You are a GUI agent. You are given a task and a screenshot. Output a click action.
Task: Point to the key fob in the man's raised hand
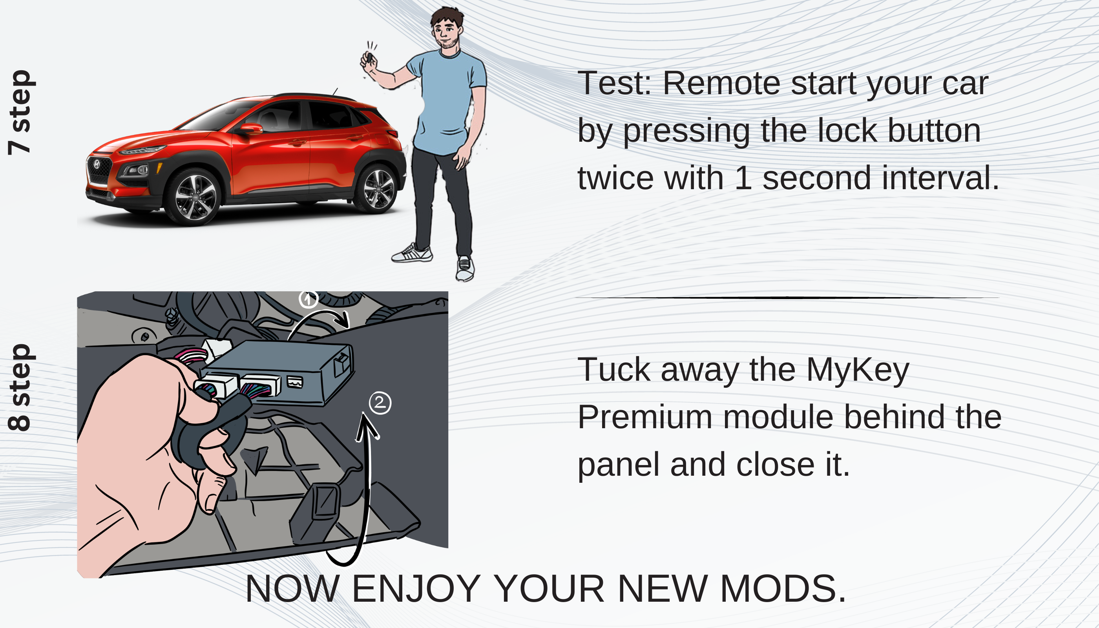click(x=369, y=57)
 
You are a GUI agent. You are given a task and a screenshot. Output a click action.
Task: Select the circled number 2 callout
click(x=380, y=403)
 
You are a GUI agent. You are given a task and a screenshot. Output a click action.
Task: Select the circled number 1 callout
click(x=308, y=298)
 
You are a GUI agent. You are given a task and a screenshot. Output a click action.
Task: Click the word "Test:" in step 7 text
click(x=614, y=83)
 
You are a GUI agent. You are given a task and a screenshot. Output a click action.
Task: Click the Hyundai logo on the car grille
click(x=97, y=164)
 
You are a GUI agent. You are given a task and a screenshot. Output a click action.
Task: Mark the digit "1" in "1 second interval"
click(x=743, y=178)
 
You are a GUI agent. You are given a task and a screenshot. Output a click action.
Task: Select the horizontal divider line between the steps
click(x=787, y=298)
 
